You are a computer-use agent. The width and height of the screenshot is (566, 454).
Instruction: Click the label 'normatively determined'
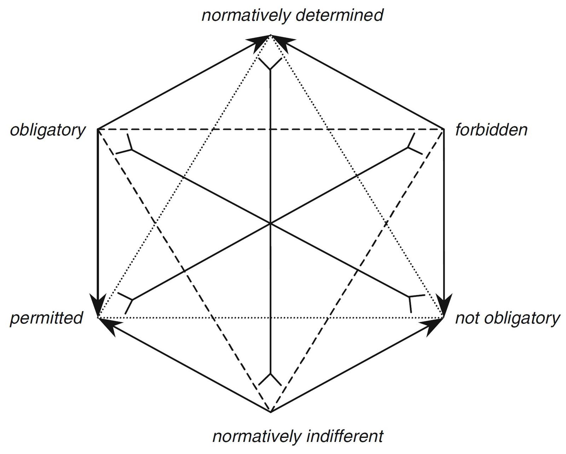(x=292, y=16)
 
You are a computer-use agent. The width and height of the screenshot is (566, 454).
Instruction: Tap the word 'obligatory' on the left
(x=47, y=130)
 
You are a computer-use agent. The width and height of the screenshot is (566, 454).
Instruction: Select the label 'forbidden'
(x=491, y=130)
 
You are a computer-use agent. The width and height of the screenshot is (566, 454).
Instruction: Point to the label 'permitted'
(x=46, y=318)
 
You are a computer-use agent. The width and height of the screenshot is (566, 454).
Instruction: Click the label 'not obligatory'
(x=507, y=318)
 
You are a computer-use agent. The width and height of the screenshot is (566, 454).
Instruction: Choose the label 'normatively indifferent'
(x=298, y=436)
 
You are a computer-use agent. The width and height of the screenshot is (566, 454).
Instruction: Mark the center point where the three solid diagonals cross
(x=271, y=223)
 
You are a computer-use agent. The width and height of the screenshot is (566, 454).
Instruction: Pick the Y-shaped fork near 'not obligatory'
(x=412, y=301)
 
